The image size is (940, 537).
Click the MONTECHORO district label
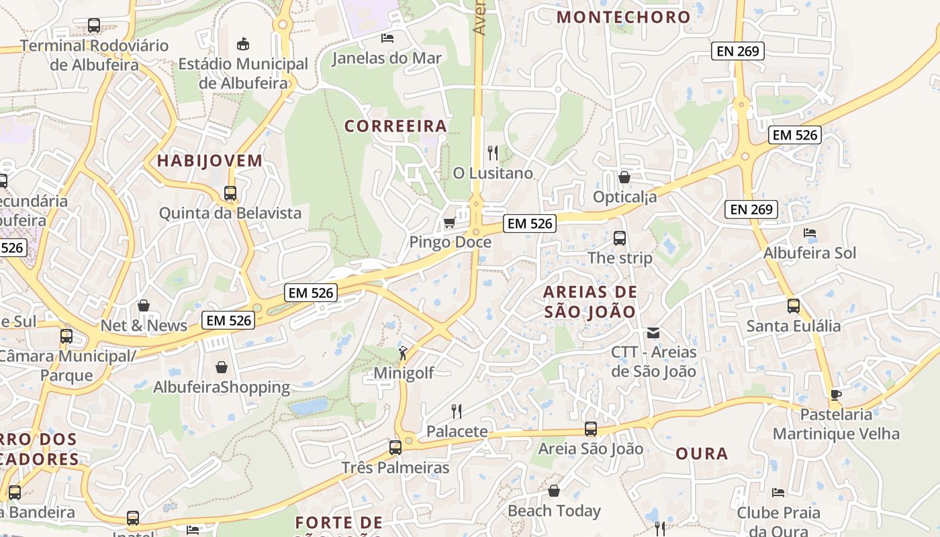click(x=624, y=17)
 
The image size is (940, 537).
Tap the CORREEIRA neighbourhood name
click(x=395, y=126)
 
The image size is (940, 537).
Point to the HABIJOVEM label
click(x=209, y=161)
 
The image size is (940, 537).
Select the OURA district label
click(x=702, y=454)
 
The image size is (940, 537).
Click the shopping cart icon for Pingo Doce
click(x=449, y=222)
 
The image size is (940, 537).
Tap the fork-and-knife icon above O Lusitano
click(x=493, y=153)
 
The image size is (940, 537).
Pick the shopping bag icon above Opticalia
click(x=624, y=177)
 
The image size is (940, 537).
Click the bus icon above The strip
click(x=620, y=238)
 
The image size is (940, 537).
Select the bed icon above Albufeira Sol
click(x=810, y=233)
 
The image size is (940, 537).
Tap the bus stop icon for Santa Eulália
click(x=794, y=306)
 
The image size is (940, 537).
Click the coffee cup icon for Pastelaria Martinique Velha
click(x=835, y=394)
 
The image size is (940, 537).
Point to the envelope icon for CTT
click(x=653, y=332)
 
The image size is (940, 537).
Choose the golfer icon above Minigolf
click(x=403, y=353)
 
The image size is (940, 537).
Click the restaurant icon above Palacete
click(x=457, y=410)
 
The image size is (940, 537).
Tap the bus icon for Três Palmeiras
click(x=395, y=447)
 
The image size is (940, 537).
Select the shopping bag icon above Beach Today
click(x=554, y=491)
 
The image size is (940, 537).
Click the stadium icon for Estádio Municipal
click(x=243, y=44)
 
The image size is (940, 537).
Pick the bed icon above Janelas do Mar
click(x=387, y=38)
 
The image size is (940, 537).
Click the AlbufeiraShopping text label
click(x=222, y=387)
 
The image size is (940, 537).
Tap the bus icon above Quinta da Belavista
click(x=230, y=193)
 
